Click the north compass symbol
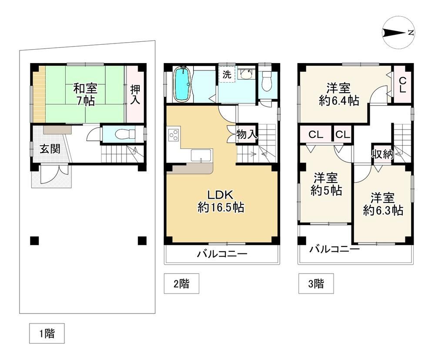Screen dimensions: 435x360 398,33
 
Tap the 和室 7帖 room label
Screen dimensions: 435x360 85,95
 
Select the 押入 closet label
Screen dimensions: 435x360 135,94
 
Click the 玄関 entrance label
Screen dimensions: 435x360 50,149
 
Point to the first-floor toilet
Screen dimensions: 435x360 125,134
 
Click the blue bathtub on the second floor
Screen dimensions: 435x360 182,84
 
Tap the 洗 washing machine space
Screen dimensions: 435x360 227,74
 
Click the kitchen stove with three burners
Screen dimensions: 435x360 174,135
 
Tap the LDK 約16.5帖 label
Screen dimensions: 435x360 221,201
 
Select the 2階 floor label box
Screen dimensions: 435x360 181,283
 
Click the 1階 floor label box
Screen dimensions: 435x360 47,333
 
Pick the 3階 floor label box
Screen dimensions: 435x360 316,283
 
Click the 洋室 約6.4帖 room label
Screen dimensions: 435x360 339,94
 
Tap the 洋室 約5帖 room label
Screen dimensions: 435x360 326,184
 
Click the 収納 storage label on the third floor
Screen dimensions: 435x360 382,154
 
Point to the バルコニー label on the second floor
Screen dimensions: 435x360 222,254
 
